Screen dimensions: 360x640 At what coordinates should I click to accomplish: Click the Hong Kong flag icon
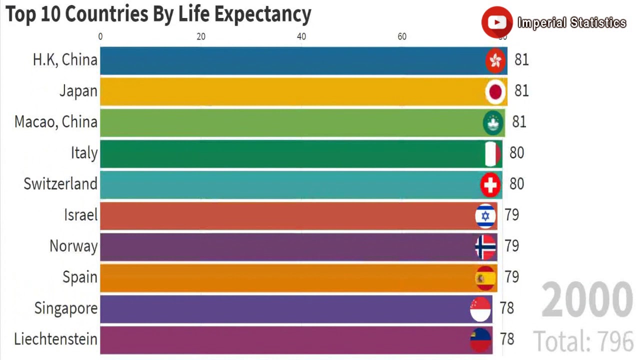pos(495,60)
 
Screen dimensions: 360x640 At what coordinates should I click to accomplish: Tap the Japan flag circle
pos(495,91)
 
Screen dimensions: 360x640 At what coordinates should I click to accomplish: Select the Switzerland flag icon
pos(490,184)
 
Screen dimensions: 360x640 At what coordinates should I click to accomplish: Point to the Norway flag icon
pos(485,246)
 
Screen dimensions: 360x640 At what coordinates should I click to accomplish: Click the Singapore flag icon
pos(480,308)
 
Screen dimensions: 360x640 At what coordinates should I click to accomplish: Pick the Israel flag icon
pos(485,215)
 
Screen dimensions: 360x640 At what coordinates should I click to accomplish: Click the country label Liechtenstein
pos(55,339)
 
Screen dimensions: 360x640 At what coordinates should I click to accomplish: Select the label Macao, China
pos(55,122)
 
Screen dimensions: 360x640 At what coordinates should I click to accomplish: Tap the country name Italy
pos(84,153)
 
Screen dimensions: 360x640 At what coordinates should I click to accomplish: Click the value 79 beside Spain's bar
pos(511,277)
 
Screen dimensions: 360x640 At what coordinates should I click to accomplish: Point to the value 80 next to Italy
pos(516,153)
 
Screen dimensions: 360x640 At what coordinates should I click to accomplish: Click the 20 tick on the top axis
pos(201,36)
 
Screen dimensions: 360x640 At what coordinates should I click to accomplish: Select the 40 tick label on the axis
pos(301,36)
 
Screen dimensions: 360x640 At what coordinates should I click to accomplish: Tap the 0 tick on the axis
pos(100,36)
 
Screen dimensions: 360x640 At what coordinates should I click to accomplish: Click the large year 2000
pos(587,300)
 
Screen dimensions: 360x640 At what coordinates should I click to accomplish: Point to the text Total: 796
pos(583,341)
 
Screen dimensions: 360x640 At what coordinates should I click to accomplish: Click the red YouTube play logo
pos(496,22)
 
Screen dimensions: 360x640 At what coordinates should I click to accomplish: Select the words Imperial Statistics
pos(571,23)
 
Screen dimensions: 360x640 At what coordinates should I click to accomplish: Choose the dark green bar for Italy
pos(290,154)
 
